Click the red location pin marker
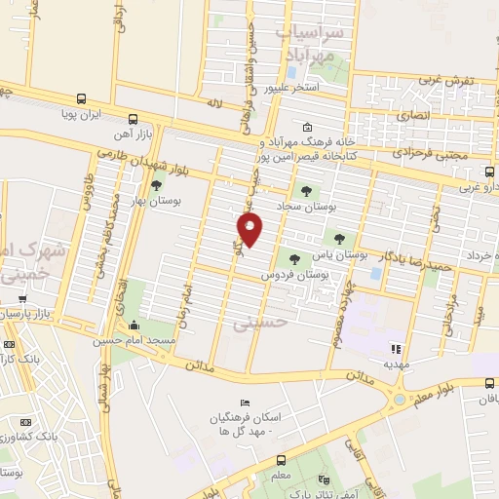(x=250, y=229)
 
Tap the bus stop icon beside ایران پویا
(x=80, y=98)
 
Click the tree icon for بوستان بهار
(x=156, y=185)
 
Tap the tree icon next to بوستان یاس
(x=339, y=238)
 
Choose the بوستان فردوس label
(x=289, y=276)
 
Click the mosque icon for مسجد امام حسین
(x=132, y=326)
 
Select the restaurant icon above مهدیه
(x=395, y=348)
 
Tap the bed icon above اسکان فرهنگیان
(x=246, y=403)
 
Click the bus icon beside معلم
(x=281, y=461)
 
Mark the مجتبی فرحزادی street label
(x=430, y=153)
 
